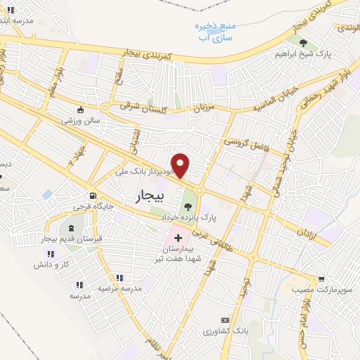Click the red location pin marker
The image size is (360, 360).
181,165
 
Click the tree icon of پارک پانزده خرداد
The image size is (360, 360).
187,207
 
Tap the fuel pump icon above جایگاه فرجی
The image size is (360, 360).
91,196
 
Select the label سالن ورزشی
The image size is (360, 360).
81,120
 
